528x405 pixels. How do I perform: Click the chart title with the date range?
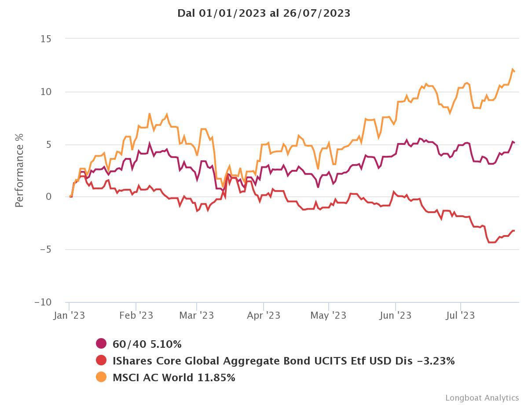[264, 13]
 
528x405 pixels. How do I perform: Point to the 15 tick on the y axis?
[46, 39]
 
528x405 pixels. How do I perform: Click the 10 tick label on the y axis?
[46, 92]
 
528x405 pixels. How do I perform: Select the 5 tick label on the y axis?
[48, 145]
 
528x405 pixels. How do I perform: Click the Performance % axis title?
[19, 170]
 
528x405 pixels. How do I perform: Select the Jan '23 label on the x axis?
[69, 316]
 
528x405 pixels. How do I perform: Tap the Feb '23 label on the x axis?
[136, 316]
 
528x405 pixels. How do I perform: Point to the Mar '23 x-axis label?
[197, 316]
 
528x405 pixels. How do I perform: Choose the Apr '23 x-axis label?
[263, 316]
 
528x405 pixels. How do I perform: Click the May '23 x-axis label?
[328, 316]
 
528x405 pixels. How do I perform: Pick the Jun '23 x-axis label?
[395, 316]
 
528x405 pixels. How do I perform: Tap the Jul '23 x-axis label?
[460, 316]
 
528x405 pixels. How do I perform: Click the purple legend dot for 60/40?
[101, 344]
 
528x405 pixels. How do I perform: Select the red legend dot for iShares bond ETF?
[101, 361]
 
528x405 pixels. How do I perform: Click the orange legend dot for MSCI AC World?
[101, 377]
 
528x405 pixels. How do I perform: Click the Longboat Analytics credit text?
[482, 398]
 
